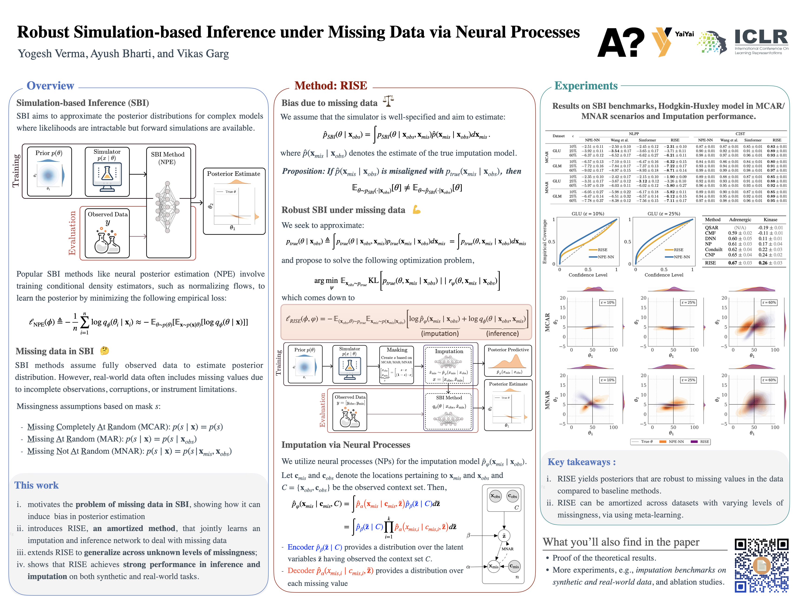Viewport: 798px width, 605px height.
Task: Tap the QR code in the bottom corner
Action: pyautogui.click(x=761, y=565)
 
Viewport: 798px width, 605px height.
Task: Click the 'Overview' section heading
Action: pyautogui.click(x=50, y=86)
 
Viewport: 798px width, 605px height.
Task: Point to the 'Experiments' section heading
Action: pyautogui.click(x=586, y=86)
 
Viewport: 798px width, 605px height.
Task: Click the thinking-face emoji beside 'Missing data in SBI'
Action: pyautogui.click(x=104, y=350)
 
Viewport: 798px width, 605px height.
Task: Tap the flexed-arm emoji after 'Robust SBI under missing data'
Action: pyautogui.click(x=417, y=210)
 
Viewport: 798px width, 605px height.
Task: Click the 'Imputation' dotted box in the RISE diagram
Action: pyautogui.click(x=449, y=365)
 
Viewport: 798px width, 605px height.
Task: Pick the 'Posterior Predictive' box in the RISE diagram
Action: pyautogui.click(x=508, y=362)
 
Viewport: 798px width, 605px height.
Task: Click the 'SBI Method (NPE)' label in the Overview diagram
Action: pyautogui.click(x=167, y=158)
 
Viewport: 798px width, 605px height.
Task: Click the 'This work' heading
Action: pyautogui.click(x=37, y=485)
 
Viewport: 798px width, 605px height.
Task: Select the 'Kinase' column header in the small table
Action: pyautogui.click(x=770, y=220)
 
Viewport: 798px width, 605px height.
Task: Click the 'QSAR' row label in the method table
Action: pyautogui.click(x=712, y=228)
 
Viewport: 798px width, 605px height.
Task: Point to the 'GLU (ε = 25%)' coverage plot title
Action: pyautogui.click(x=664, y=213)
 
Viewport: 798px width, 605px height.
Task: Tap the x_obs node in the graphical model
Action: pyautogui.click(x=495, y=496)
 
